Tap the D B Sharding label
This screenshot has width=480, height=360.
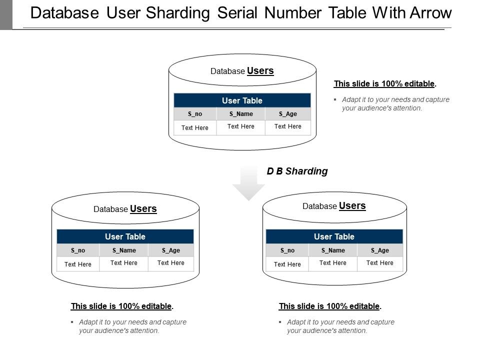point(297,171)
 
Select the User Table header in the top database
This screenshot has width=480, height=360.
point(242,100)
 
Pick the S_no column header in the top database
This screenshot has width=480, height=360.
point(195,114)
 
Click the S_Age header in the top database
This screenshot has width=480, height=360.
point(288,114)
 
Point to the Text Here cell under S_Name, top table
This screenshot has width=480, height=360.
point(241,126)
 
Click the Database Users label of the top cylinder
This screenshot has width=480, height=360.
point(242,71)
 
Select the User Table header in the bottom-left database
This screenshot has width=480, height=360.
point(125,236)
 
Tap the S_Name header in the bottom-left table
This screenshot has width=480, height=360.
point(124,250)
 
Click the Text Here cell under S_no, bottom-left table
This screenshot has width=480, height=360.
point(78,264)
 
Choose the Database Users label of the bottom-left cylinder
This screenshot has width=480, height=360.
point(125,209)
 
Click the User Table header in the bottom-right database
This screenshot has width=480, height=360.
point(334,236)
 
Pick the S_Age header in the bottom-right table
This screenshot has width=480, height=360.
point(380,250)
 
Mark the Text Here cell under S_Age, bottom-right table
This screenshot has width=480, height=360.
point(380,263)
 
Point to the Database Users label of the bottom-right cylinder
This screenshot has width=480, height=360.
point(334,206)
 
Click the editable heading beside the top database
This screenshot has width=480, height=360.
point(385,84)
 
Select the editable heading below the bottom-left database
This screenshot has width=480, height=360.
point(122,306)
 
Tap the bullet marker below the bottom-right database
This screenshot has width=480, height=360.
point(280,322)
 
